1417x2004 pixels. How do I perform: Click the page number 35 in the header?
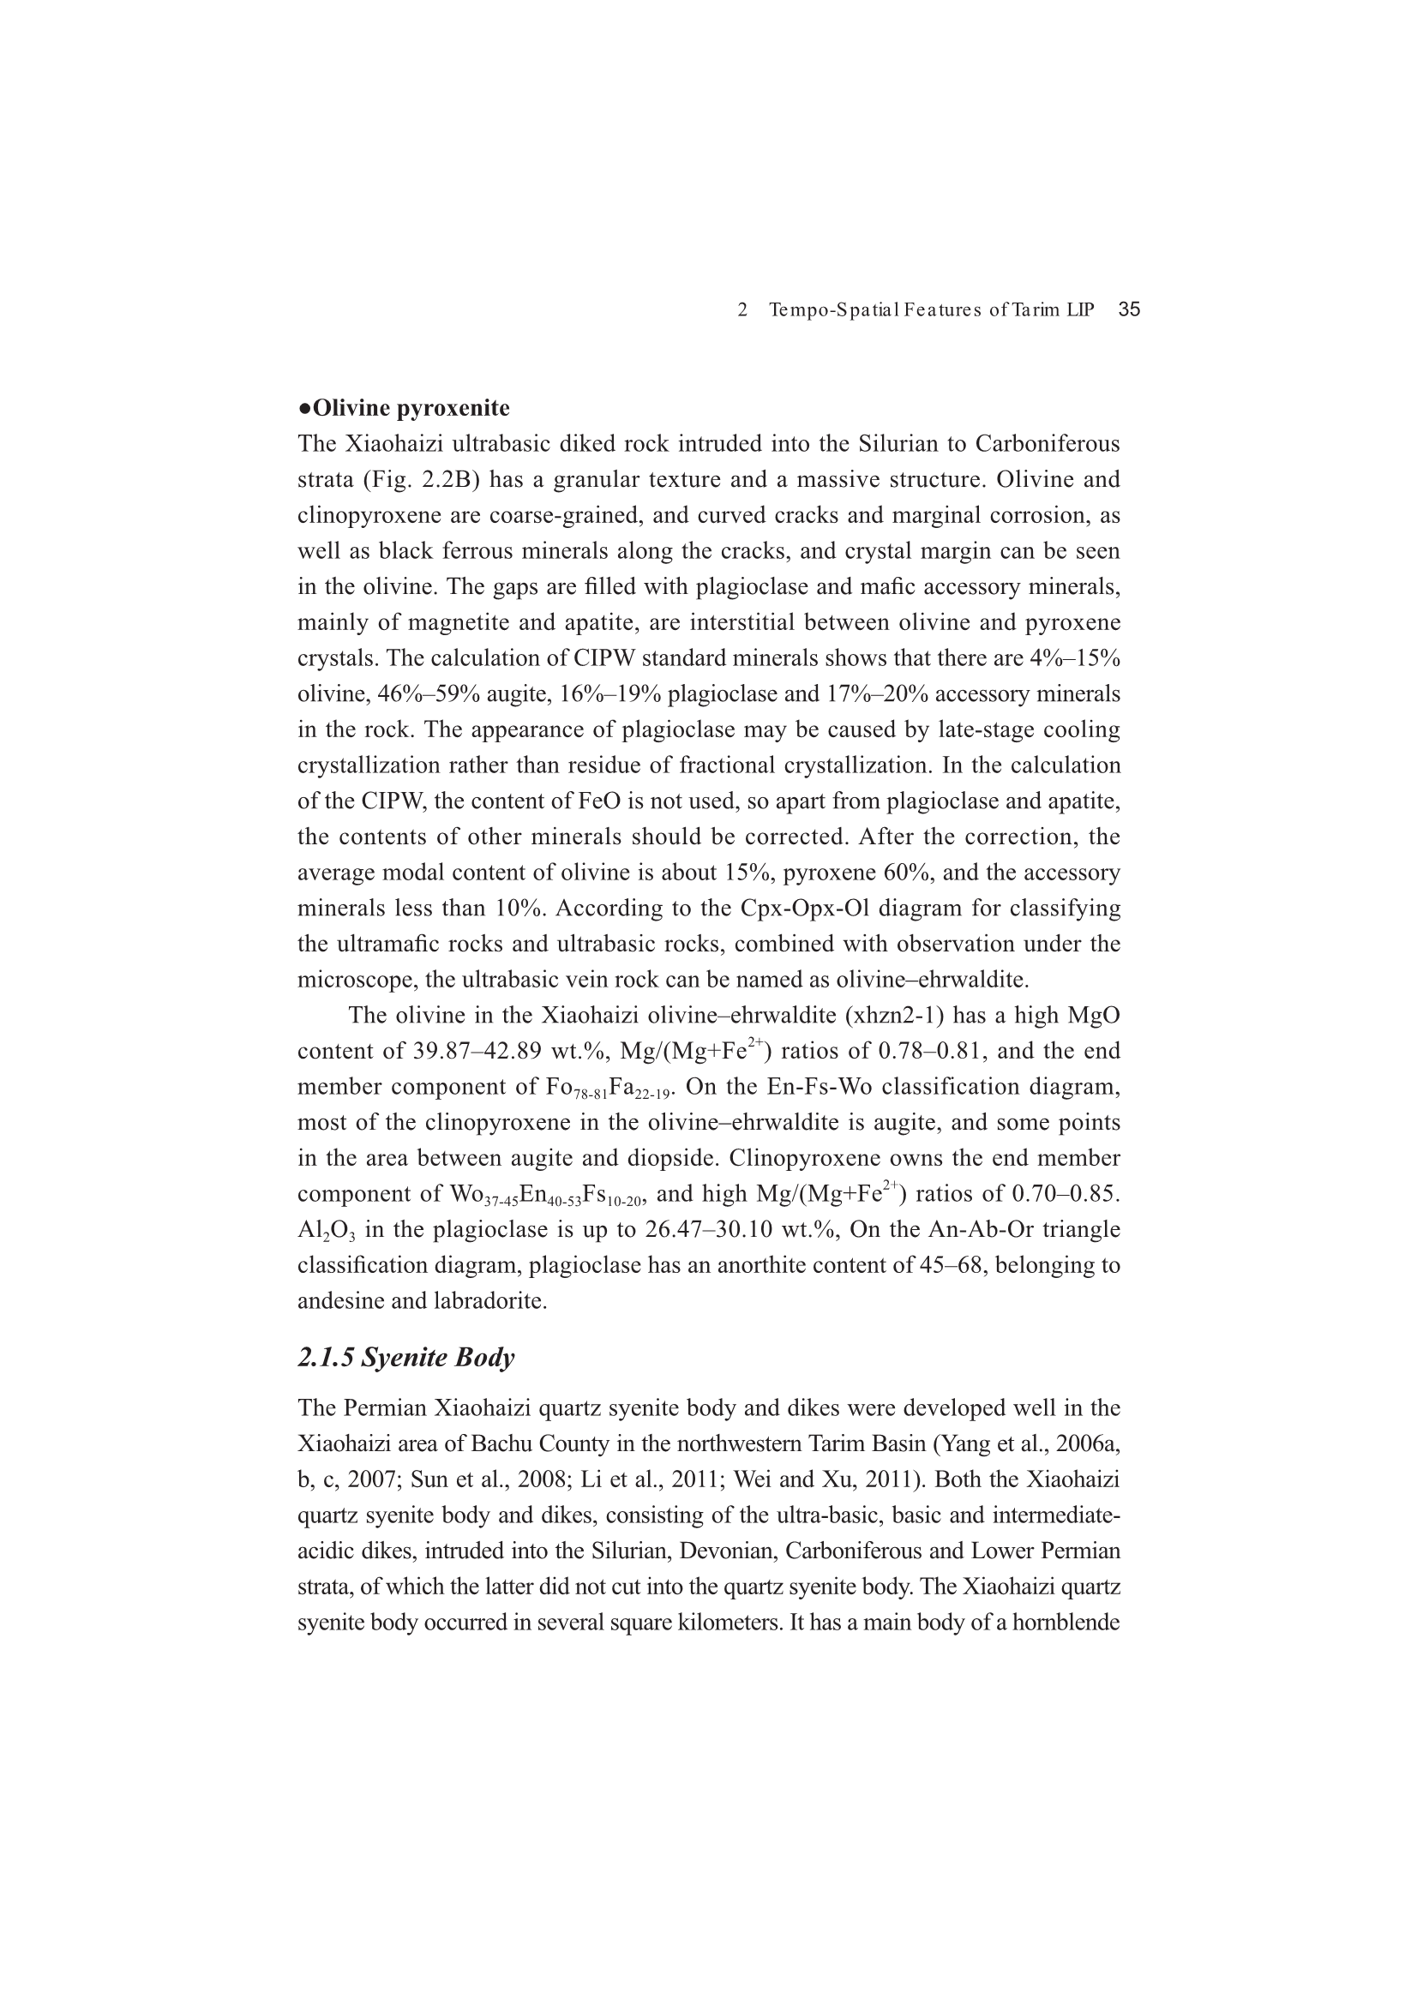(x=1129, y=309)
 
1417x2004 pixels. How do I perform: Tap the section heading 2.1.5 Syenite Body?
(x=406, y=1357)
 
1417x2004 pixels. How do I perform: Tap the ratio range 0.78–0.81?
(x=933, y=1052)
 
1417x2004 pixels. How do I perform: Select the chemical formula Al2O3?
(x=327, y=1231)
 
